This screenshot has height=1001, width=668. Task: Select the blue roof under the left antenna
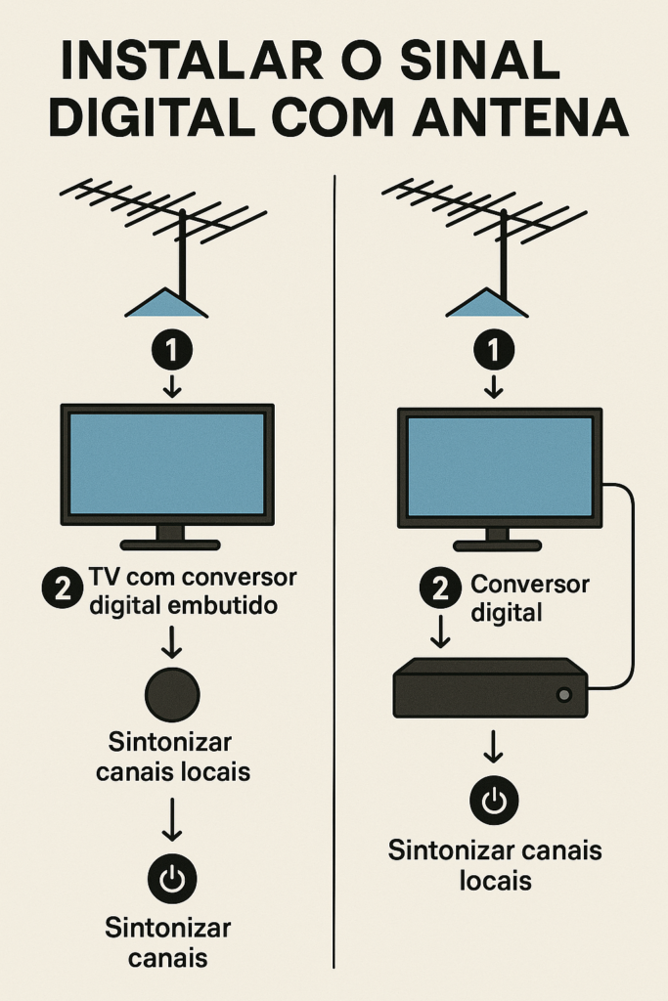pos(166,305)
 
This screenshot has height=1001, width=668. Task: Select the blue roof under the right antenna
pos(487,305)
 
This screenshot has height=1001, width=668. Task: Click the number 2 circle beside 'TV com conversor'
pos(62,589)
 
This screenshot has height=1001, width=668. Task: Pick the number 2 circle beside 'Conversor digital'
pos(440,589)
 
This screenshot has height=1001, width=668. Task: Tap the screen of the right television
pos(500,465)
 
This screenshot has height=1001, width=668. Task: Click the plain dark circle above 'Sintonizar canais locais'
pos(172,693)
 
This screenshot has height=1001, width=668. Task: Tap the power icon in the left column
pos(172,879)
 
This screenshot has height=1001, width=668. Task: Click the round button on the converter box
pos(562,695)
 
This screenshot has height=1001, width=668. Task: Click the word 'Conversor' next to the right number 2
pos(530,585)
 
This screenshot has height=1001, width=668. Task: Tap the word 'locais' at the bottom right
pos(495,881)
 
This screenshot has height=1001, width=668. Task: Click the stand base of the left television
pos(170,544)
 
